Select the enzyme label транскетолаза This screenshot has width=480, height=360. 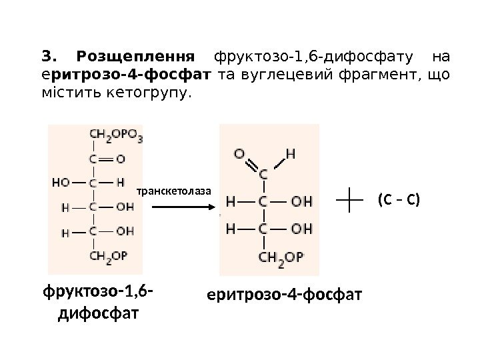click(173, 191)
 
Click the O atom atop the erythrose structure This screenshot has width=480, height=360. click(240, 153)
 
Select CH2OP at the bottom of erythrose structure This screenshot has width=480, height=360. click(281, 256)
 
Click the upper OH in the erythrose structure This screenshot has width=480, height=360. click(301, 200)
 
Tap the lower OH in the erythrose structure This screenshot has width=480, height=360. click(301, 229)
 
